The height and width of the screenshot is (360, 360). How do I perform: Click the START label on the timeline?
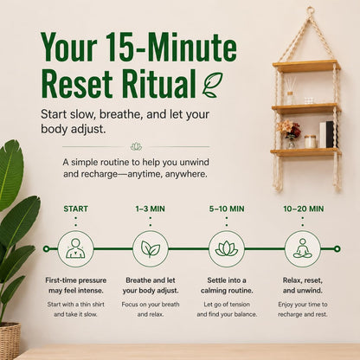tap(75, 209)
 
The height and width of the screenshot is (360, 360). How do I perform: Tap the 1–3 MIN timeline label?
tap(151, 209)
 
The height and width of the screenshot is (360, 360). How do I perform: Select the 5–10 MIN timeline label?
tap(227, 209)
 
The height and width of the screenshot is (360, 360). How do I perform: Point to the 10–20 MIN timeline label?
tap(303, 209)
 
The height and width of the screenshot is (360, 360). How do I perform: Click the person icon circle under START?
tap(75, 248)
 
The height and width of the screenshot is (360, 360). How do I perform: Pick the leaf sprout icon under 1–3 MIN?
tap(151, 248)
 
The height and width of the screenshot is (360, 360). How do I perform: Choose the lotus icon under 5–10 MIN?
tap(227, 248)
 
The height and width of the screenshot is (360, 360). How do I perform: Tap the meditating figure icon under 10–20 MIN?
tap(303, 248)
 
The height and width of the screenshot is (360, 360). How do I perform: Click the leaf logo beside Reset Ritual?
tap(213, 85)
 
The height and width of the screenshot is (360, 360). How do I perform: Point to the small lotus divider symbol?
tap(136, 146)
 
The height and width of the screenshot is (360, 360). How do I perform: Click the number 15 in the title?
tap(118, 47)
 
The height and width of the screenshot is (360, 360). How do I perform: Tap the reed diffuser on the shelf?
tap(291, 90)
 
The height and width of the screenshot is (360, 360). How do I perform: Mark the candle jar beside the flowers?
tap(311, 142)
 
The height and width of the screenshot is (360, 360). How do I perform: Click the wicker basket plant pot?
tap(10, 341)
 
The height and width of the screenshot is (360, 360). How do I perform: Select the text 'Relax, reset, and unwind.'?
tap(303, 286)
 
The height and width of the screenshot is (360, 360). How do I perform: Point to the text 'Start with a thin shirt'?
tap(75, 305)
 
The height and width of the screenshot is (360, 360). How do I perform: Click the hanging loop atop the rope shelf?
tap(311, 10)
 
